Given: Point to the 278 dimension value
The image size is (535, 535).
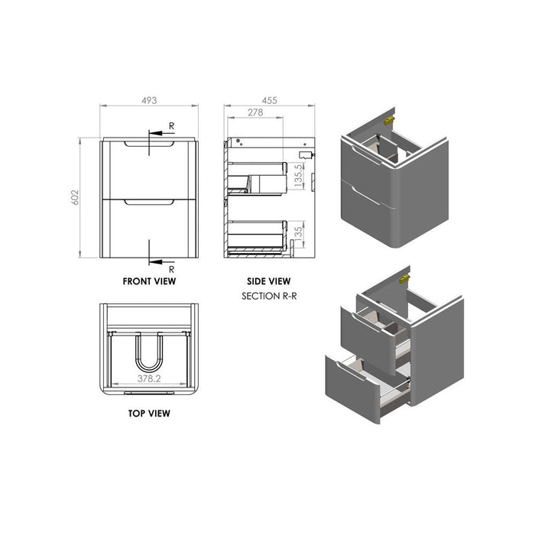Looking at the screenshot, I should point(257,112).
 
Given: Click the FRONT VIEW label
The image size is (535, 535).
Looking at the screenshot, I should point(150,281).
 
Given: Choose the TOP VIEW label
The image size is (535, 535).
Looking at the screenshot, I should point(150,413).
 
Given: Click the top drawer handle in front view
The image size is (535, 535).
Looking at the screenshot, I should point(150,144).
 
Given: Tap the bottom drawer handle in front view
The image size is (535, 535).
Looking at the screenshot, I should point(150,203).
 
